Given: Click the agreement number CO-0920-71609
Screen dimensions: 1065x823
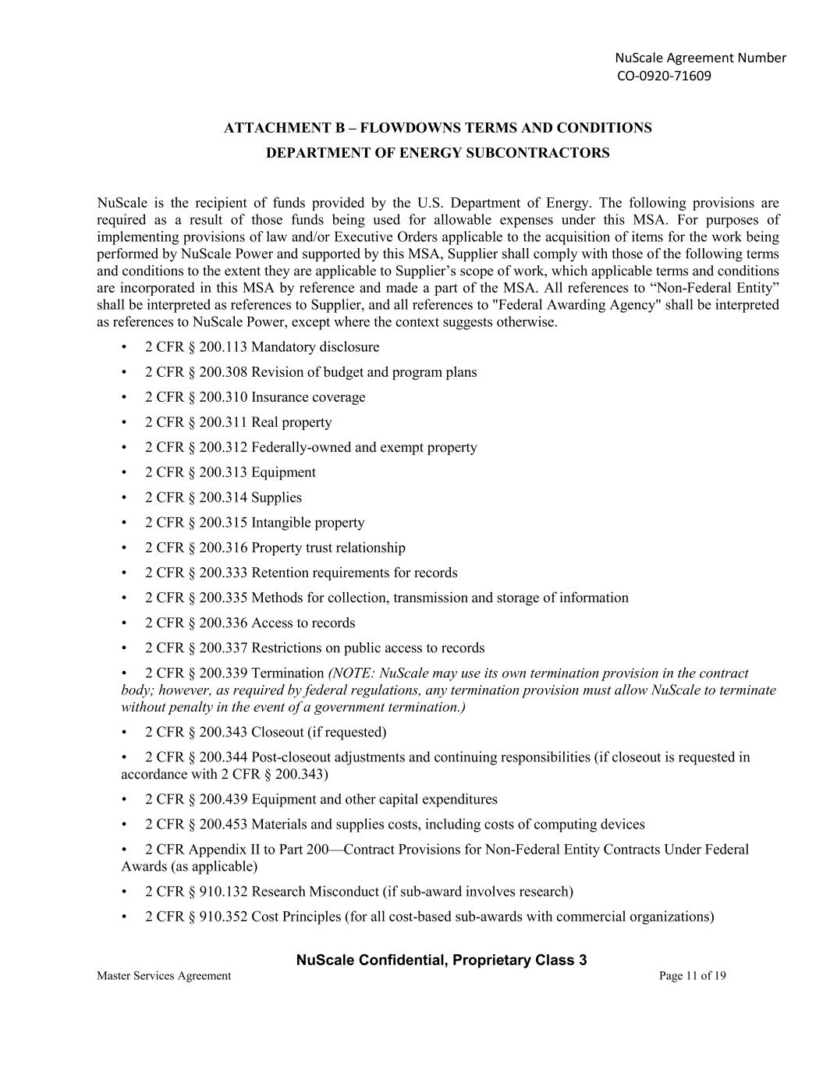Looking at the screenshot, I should coord(664,76).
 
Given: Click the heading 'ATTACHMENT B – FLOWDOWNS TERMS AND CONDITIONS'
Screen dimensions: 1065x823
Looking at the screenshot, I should coord(438,128).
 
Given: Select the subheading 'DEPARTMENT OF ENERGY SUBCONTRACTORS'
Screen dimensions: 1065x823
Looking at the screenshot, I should coord(438,153).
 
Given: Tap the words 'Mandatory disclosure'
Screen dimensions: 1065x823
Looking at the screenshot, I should coord(315,347).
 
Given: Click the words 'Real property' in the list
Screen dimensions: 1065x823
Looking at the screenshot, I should coord(291,422).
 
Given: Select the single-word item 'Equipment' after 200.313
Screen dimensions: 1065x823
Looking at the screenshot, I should coord(283,472).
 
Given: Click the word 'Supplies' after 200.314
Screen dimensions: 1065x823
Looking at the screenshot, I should coord(276,497).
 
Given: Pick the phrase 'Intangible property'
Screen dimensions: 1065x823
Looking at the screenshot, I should coord(307,523).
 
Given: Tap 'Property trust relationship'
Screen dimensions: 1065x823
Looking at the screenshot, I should coord(328,548).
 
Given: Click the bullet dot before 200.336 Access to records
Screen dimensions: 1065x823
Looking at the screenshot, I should coord(125,623).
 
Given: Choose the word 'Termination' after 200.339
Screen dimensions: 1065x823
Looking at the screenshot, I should coord(287,673).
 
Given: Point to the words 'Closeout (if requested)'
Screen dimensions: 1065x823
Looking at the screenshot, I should coord(318,732).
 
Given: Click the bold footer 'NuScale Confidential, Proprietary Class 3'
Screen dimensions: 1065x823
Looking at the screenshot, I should coord(442,960).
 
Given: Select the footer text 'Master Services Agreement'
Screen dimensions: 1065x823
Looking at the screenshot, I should coord(164,975).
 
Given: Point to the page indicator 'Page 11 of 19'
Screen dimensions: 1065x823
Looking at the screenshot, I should coord(692,975).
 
